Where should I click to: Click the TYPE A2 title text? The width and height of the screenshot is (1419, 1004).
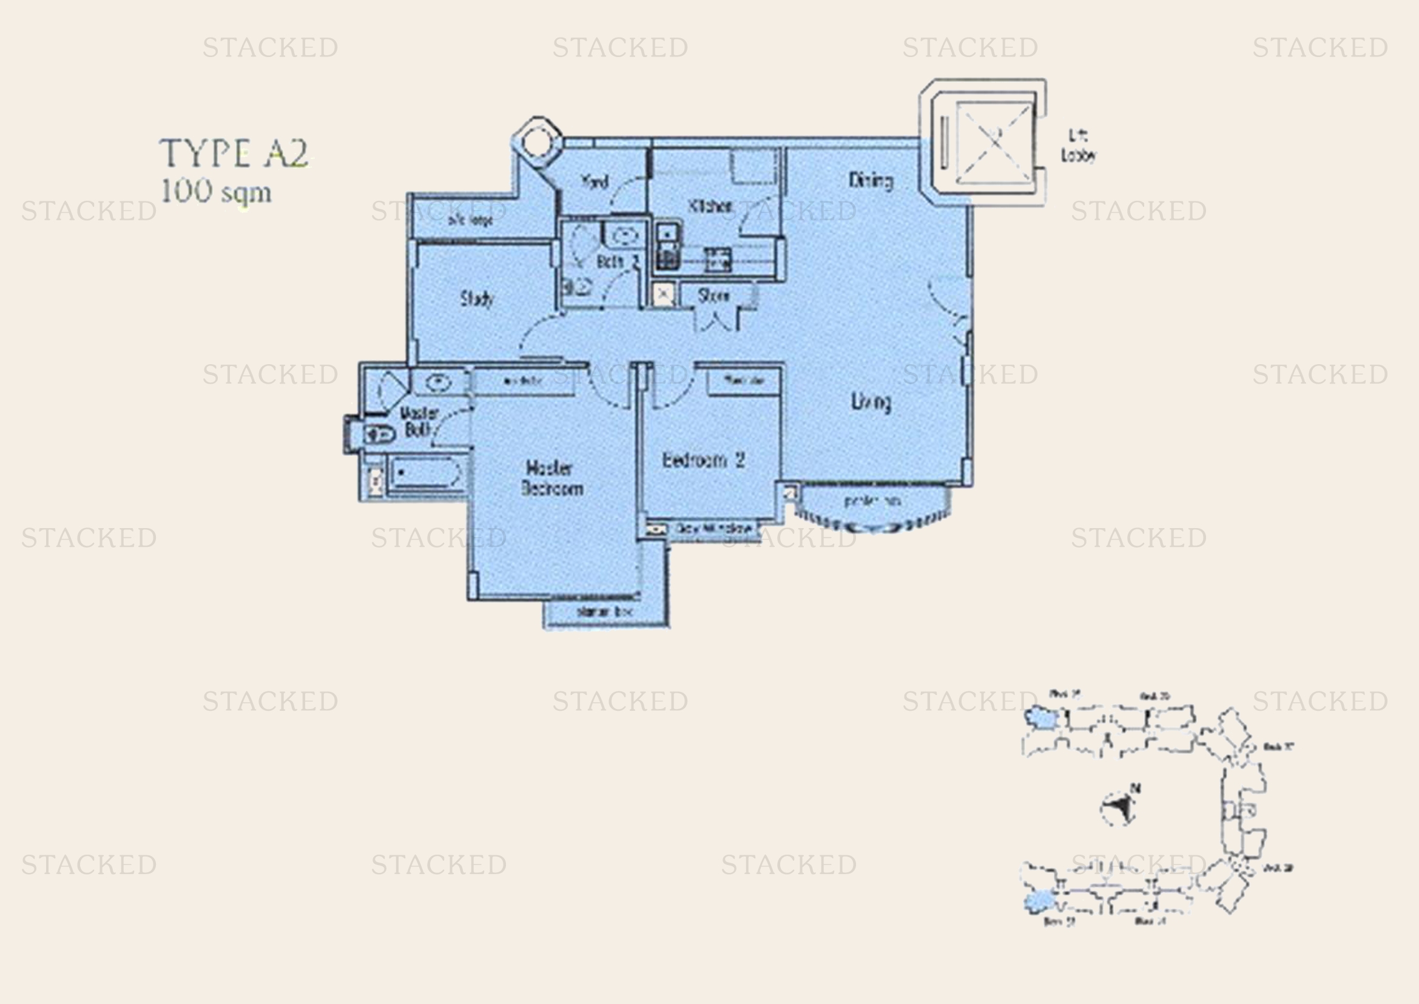click(234, 154)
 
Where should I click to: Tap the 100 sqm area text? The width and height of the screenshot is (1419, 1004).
click(215, 192)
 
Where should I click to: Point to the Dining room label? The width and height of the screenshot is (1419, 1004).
click(870, 180)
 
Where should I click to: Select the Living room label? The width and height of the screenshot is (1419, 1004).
click(871, 402)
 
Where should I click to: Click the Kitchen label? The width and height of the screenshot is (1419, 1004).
click(710, 206)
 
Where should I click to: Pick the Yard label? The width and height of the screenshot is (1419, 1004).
click(595, 181)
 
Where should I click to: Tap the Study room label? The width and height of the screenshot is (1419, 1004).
click(477, 299)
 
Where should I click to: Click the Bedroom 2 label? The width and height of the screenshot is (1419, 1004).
click(703, 460)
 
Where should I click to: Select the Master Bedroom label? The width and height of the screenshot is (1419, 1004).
click(552, 478)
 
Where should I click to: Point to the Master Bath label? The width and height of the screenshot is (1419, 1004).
click(419, 422)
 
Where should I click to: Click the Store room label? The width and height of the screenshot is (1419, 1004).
click(713, 296)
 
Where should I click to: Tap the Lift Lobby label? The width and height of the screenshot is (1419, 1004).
click(1079, 146)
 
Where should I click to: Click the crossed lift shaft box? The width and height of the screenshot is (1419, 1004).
click(994, 143)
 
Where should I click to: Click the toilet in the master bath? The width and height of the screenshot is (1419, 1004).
click(379, 435)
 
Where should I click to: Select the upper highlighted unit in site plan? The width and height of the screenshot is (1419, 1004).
click(1042, 718)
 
